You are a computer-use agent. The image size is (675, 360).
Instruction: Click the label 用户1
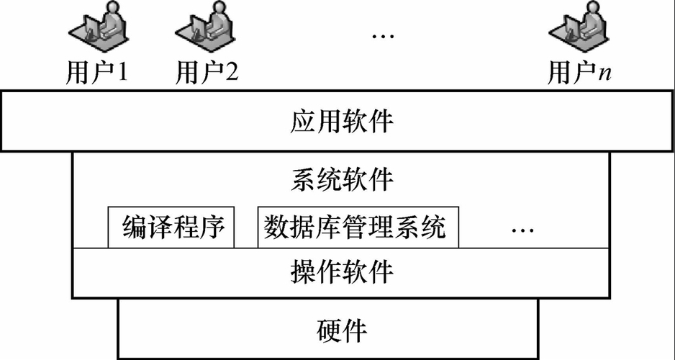96,72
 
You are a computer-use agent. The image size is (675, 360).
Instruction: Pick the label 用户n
579,72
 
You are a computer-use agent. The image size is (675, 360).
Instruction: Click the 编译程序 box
172,228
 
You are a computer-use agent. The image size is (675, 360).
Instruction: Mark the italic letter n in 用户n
605,73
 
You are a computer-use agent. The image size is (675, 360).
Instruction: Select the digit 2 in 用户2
232,72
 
